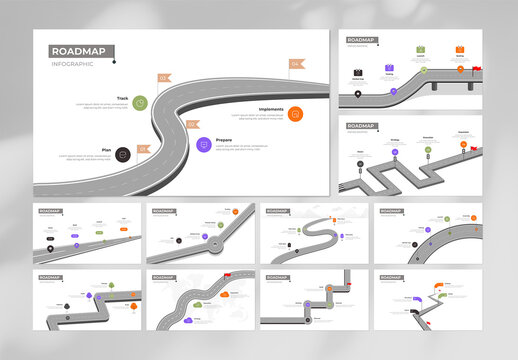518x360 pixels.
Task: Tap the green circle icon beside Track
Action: pyautogui.click(x=141, y=102)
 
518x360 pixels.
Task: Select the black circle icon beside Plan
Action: pyautogui.click(x=122, y=154)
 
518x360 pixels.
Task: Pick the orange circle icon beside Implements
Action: pyautogui.click(x=295, y=113)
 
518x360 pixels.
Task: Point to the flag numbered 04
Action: pyautogui.click(x=296, y=64)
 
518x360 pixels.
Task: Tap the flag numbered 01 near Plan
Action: pyautogui.click(x=143, y=148)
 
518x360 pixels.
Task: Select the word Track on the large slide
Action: pyautogui.click(x=122, y=98)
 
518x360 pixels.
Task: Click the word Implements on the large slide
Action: pyautogui.click(x=271, y=109)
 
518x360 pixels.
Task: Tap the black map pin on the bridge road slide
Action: pyautogui.click(x=357, y=95)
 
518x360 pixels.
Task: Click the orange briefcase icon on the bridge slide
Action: pyautogui.click(x=460, y=49)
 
